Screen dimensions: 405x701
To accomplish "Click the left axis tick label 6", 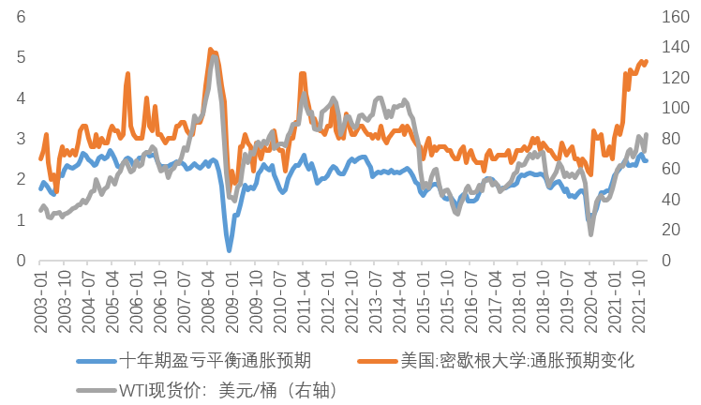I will coord(21,17).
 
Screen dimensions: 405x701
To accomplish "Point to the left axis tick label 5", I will coord(21,57).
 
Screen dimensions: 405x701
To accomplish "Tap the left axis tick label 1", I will coord(21,219).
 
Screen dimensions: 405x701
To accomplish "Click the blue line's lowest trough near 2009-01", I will coord(229,250).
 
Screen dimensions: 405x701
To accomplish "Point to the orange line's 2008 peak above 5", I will coord(210,50).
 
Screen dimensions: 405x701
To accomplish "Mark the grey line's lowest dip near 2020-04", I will coord(590,233).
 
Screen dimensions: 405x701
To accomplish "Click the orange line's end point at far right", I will coord(646,62).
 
